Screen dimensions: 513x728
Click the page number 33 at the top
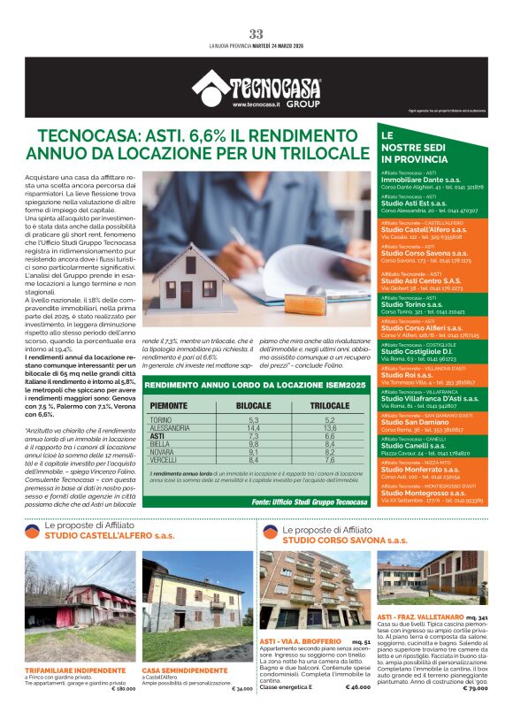tap(256, 34)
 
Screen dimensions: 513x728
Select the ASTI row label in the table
tap(157, 436)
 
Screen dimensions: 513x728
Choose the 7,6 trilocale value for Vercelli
tap(330, 460)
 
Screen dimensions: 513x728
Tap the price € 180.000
tap(123, 687)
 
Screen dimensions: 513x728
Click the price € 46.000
tap(357, 686)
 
